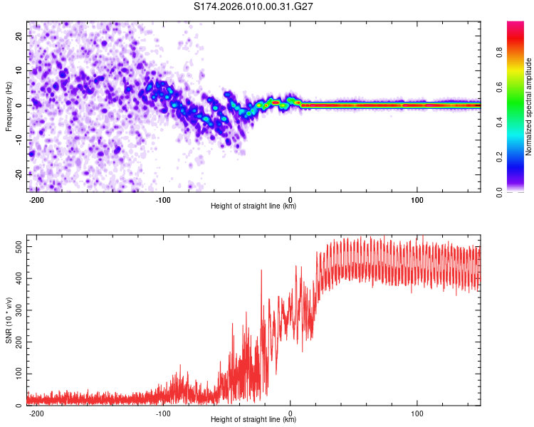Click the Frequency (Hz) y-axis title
(9, 105)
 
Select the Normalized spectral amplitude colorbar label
(529, 107)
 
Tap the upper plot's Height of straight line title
(253, 206)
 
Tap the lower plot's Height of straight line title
(253, 419)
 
